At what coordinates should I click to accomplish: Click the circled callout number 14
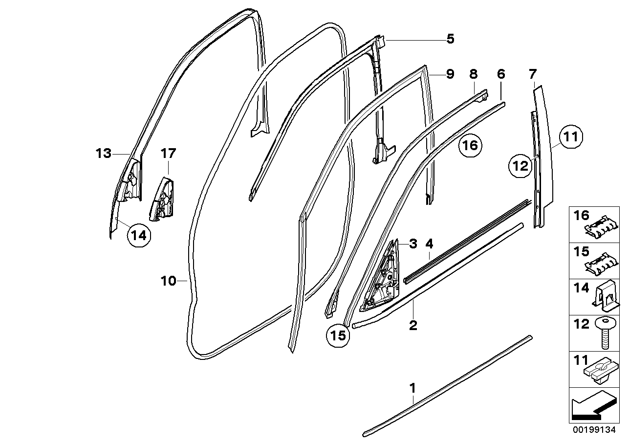pyautogui.click(x=138, y=235)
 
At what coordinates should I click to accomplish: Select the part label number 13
pyautogui.click(x=104, y=154)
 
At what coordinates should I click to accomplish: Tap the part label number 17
pyautogui.click(x=168, y=154)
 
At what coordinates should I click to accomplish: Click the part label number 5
pyautogui.click(x=450, y=39)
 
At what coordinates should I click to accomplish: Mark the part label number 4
pyautogui.click(x=429, y=243)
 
